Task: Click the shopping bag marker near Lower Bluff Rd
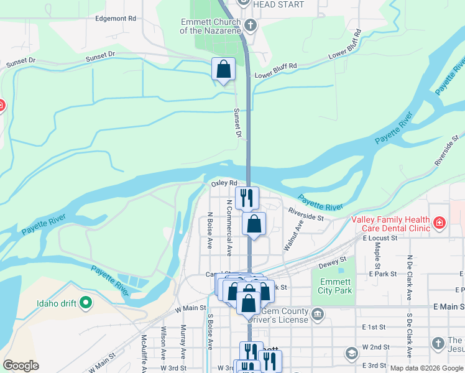click(x=223, y=69)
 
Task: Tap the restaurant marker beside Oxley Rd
click(x=247, y=198)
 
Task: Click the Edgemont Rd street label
click(x=116, y=19)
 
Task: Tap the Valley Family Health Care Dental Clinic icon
click(x=440, y=223)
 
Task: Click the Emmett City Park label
click(x=334, y=286)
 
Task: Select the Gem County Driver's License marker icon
click(x=318, y=312)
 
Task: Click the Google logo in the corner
click(x=21, y=366)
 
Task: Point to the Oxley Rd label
click(x=224, y=183)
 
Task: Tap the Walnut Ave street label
click(x=290, y=235)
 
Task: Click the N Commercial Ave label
click(x=229, y=228)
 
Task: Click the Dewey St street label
click(x=333, y=264)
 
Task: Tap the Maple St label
click(x=377, y=252)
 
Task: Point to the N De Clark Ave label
click(x=409, y=277)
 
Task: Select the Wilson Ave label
click(x=163, y=339)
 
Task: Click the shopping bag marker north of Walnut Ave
click(x=254, y=224)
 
